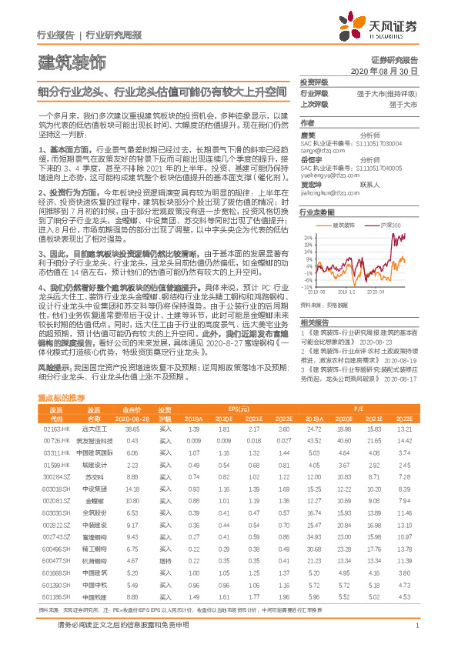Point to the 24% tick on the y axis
coord(308,238)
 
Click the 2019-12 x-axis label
coord(346,292)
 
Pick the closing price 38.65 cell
coord(132,428)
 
